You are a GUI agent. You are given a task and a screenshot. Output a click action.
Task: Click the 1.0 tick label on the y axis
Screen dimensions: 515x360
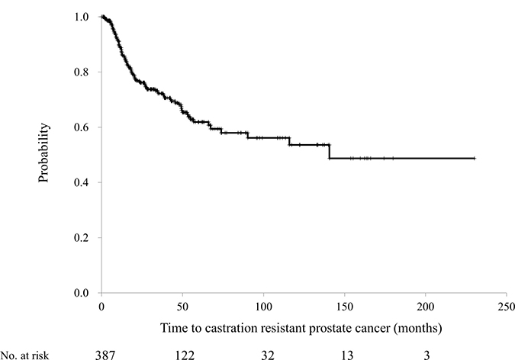click(x=82, y=17)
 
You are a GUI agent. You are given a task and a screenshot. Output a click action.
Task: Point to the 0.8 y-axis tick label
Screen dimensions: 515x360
click(x=82, y=72)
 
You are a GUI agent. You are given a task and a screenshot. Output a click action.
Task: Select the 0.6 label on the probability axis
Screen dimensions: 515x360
click(x=82, y=127)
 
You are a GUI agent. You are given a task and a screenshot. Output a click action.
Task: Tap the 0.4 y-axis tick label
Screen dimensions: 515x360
click(x=82, y=182)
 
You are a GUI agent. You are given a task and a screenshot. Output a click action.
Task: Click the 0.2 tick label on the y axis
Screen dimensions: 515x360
click(x=82, y=237)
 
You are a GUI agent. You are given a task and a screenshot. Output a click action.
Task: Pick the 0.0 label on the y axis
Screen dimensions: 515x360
click(x=82, y=293)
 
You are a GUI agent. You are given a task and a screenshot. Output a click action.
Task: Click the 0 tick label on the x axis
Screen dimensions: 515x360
click(x=101, y=307)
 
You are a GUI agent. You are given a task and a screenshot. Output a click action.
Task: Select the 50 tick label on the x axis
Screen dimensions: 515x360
click(x=182, y=307)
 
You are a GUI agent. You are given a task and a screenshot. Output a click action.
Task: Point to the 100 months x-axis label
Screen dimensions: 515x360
click(x=263, y=307)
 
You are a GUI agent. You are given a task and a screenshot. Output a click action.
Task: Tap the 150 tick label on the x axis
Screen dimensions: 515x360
click(x=345, y=307)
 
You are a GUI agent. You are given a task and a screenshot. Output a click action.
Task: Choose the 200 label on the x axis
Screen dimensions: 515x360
click(x=425, y=307)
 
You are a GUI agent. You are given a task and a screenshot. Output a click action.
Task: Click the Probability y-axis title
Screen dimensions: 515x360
click(x=43, y=153)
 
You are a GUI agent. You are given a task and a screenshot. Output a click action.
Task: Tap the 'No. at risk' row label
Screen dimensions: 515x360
click(x=24, y=355)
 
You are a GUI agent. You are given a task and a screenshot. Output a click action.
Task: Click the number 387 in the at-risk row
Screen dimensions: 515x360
click(x=105, y=355)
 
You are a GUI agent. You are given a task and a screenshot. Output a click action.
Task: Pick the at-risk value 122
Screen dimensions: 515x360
click(x=185, y=355)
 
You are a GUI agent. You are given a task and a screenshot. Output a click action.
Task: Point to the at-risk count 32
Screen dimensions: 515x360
click(x=268, y=355)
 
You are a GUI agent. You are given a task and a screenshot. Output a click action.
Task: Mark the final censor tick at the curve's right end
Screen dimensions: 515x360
click(x=474, y=159)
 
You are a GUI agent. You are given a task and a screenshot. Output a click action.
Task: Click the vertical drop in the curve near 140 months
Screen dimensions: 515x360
click(x=329, y=152)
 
